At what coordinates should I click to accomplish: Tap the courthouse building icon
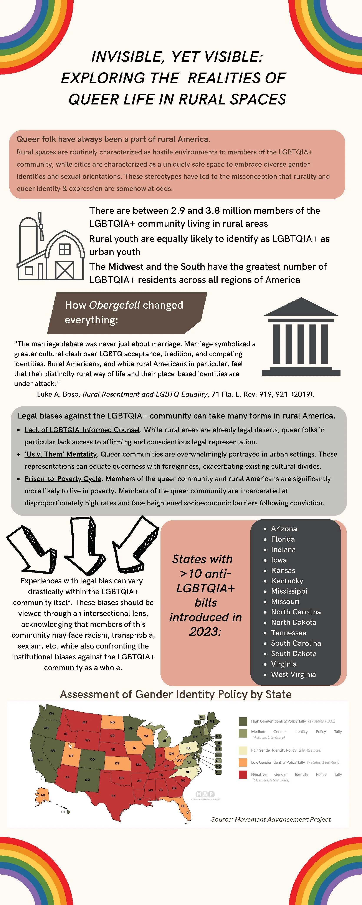301,337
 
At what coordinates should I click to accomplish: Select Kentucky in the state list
287,581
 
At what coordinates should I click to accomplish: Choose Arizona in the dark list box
284,529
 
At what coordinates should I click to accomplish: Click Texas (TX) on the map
113,796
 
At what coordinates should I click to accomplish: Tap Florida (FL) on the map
183,806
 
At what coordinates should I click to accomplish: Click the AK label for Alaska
43,795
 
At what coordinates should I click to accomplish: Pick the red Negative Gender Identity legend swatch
243,775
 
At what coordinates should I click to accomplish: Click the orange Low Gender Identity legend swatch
243,762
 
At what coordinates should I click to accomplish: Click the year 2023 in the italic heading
205,631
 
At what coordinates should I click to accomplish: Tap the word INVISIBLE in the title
126,57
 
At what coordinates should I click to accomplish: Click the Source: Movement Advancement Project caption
271,819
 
